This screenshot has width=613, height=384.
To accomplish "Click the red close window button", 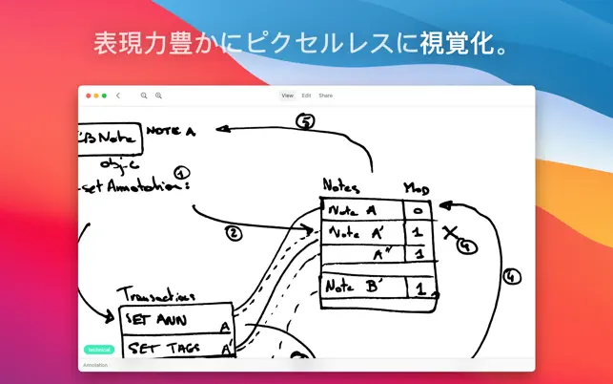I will click(88, 96).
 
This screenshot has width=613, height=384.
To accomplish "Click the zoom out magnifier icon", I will click(144, 96).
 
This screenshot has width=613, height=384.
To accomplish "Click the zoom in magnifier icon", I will click(158, 96).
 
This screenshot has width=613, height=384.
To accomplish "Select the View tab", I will click(287, 96).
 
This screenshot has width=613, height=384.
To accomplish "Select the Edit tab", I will click(306, 96).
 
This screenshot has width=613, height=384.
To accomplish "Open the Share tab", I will click(325, 96).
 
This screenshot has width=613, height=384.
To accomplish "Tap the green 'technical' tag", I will click(99, 350).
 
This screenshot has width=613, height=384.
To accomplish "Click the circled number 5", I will click(305, 121).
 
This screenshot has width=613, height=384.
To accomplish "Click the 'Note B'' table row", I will click(363, 286).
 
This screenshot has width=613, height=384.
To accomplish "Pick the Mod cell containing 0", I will click(418, 208).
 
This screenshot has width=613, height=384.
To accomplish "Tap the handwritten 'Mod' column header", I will click(417, 187).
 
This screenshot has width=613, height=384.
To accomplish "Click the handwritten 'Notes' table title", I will click(341, 185).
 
